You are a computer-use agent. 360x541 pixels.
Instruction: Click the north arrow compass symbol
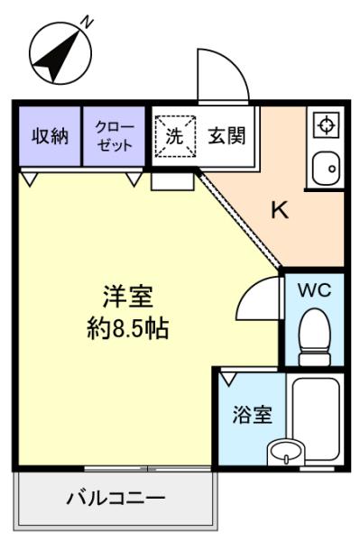tap(60, 53)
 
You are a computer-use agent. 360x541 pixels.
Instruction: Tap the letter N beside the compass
tap(88, 22)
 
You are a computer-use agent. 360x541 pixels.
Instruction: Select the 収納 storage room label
tap(50, 136)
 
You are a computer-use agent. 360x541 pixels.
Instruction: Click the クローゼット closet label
tap(115, 136)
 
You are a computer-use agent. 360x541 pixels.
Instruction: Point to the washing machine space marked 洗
tap(175, 136)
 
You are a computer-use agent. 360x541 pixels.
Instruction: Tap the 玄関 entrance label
tap(226, 135)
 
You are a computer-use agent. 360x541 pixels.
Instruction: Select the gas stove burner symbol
tap(326, 124)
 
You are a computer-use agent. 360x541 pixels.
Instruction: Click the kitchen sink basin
tap(326, 170)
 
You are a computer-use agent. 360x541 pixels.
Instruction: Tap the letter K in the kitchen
tap(279, 209)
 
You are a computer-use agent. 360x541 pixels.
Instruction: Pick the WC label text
tap(315, 290)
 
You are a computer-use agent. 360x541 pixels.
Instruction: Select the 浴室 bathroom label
tap(253, 415)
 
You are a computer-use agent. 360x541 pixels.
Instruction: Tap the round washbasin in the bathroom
tap(286, 450)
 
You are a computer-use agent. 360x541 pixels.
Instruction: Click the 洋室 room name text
tap(128, 297)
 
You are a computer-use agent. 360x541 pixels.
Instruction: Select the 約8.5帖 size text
tap(128, 328)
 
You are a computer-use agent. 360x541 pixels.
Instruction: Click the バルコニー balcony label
tap(116, 499)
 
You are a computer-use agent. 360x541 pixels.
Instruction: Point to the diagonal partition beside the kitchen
tap(239, 219)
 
